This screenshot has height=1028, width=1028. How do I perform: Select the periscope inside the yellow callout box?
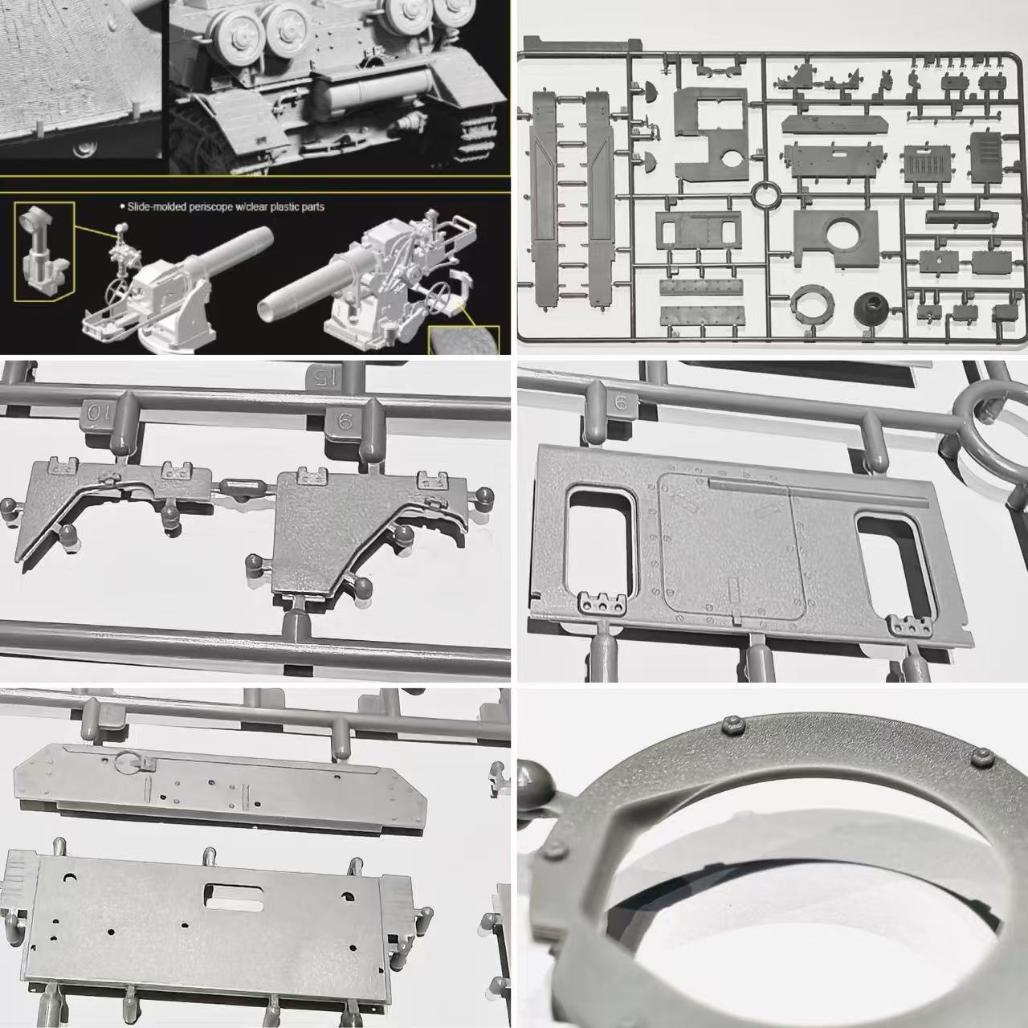pos(43,251)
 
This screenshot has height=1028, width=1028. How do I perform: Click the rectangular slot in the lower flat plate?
pos(234,896)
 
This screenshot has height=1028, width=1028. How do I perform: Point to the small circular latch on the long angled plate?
pos(126,761)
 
